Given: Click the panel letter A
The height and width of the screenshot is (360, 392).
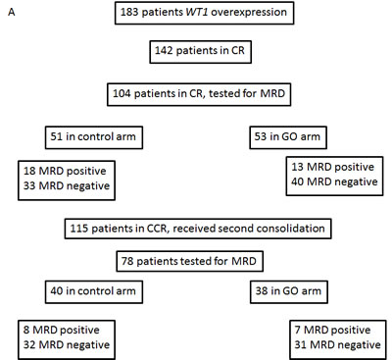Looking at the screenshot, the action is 12,13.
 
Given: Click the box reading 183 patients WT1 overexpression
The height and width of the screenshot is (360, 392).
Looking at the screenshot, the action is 205,13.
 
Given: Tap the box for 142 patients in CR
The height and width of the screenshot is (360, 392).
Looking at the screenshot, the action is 201,51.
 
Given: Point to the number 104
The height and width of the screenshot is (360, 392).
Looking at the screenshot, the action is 122,93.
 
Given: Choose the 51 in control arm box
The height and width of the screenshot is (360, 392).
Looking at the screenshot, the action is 94,137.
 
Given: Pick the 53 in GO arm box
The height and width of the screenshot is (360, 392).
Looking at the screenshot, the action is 288,137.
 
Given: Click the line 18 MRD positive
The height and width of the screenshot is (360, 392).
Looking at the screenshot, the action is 65,171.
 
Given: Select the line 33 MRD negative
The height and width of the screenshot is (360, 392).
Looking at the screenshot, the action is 67,185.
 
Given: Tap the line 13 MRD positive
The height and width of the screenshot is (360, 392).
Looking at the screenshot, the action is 332,167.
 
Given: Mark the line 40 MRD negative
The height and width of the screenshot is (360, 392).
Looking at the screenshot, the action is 334,181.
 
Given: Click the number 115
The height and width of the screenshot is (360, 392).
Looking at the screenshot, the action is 79,229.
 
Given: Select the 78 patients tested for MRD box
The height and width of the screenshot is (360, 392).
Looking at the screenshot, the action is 190,262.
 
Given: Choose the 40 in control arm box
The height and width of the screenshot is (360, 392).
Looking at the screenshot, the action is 94,291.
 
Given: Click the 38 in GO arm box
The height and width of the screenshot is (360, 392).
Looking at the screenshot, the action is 289,291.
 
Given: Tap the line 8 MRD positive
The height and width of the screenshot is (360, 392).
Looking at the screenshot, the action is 62,330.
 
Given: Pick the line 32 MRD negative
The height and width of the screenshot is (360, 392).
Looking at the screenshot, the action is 67,344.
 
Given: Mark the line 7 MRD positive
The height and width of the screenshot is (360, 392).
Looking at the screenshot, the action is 332,330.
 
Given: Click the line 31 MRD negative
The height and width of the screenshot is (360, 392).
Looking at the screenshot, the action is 337,344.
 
